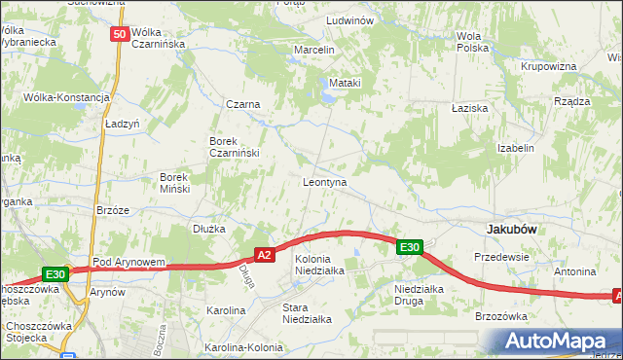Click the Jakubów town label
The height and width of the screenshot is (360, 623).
pyautogui.click(x=513, y=229)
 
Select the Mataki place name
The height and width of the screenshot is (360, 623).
pyautogui.click(x=345, y=84)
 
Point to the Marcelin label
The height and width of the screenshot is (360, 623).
pyautogui.click(x=314, y=50)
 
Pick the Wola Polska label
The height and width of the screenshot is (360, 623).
pyautogui.click(x=472, y=42)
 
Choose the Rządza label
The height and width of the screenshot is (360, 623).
pyautogui.click(x=571, y=101)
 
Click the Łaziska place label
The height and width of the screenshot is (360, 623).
pyautogui.click(x=469, y=109)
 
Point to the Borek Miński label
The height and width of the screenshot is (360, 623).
pyautogui.click(x=181, y=183)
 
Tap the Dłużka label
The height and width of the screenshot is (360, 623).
pyautogui.click(x=208, y=229)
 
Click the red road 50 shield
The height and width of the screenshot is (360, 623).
pyautogui.click(x=120, y=34)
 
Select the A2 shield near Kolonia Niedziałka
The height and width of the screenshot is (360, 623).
pyautogui.click(x=264, y=255)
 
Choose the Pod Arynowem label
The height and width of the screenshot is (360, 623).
pyautogui.click(x=128, y=263)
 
